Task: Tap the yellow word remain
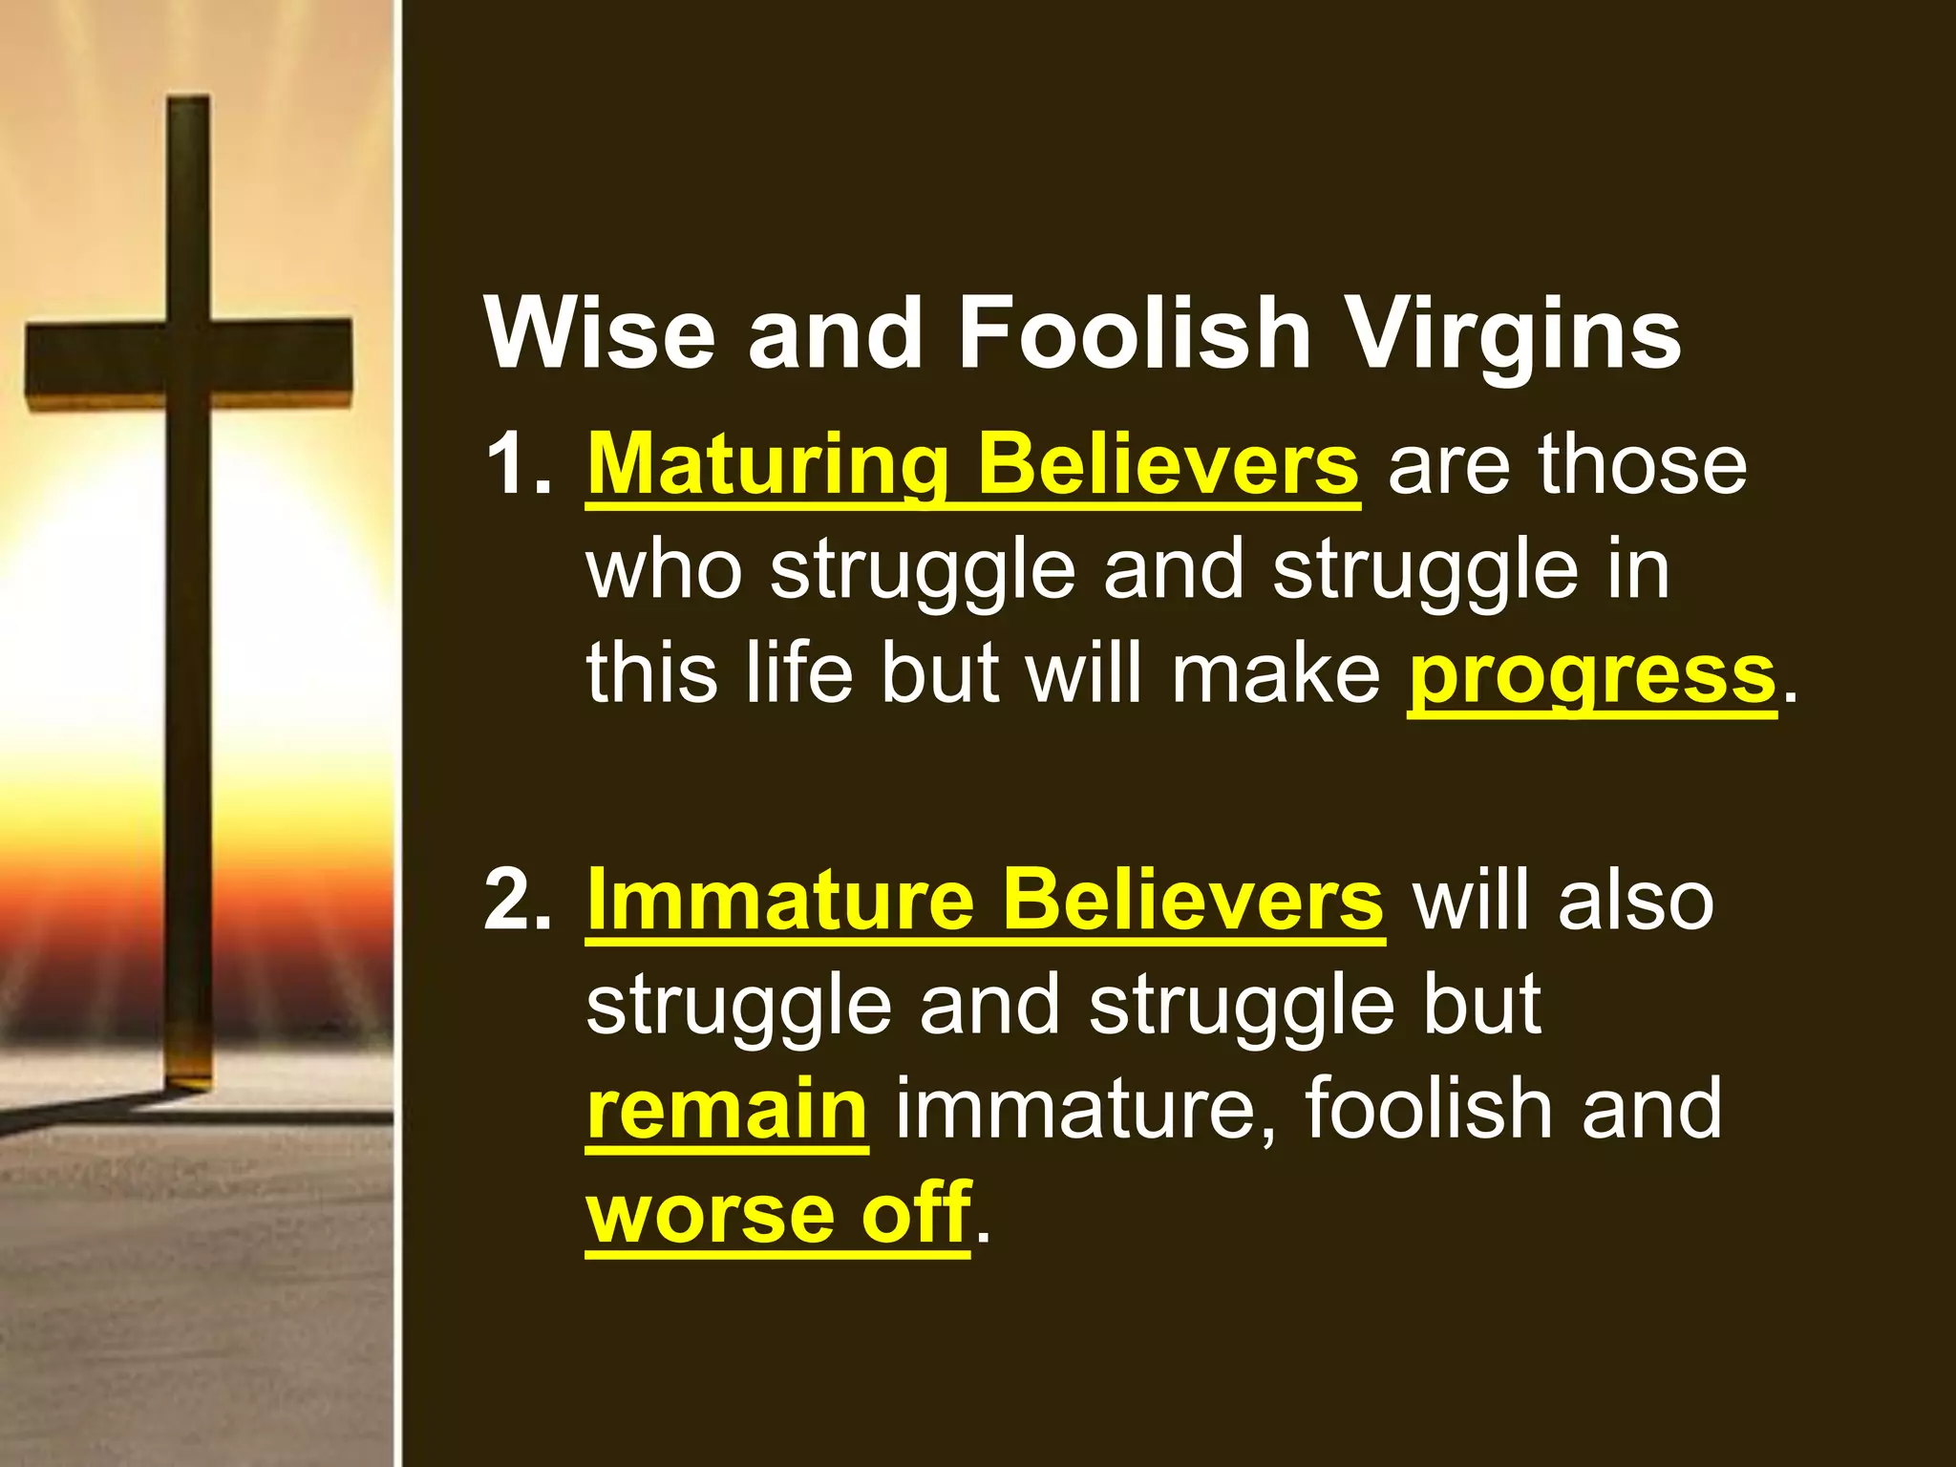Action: tap(727, 1109)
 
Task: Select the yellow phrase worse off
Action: tap(778, 1213)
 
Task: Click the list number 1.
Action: tap(517, 465)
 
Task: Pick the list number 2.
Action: tap(517, 900)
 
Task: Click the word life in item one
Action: tap(798, 672)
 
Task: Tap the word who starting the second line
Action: tap(664, 569)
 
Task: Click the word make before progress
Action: tap(1275, 672)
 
